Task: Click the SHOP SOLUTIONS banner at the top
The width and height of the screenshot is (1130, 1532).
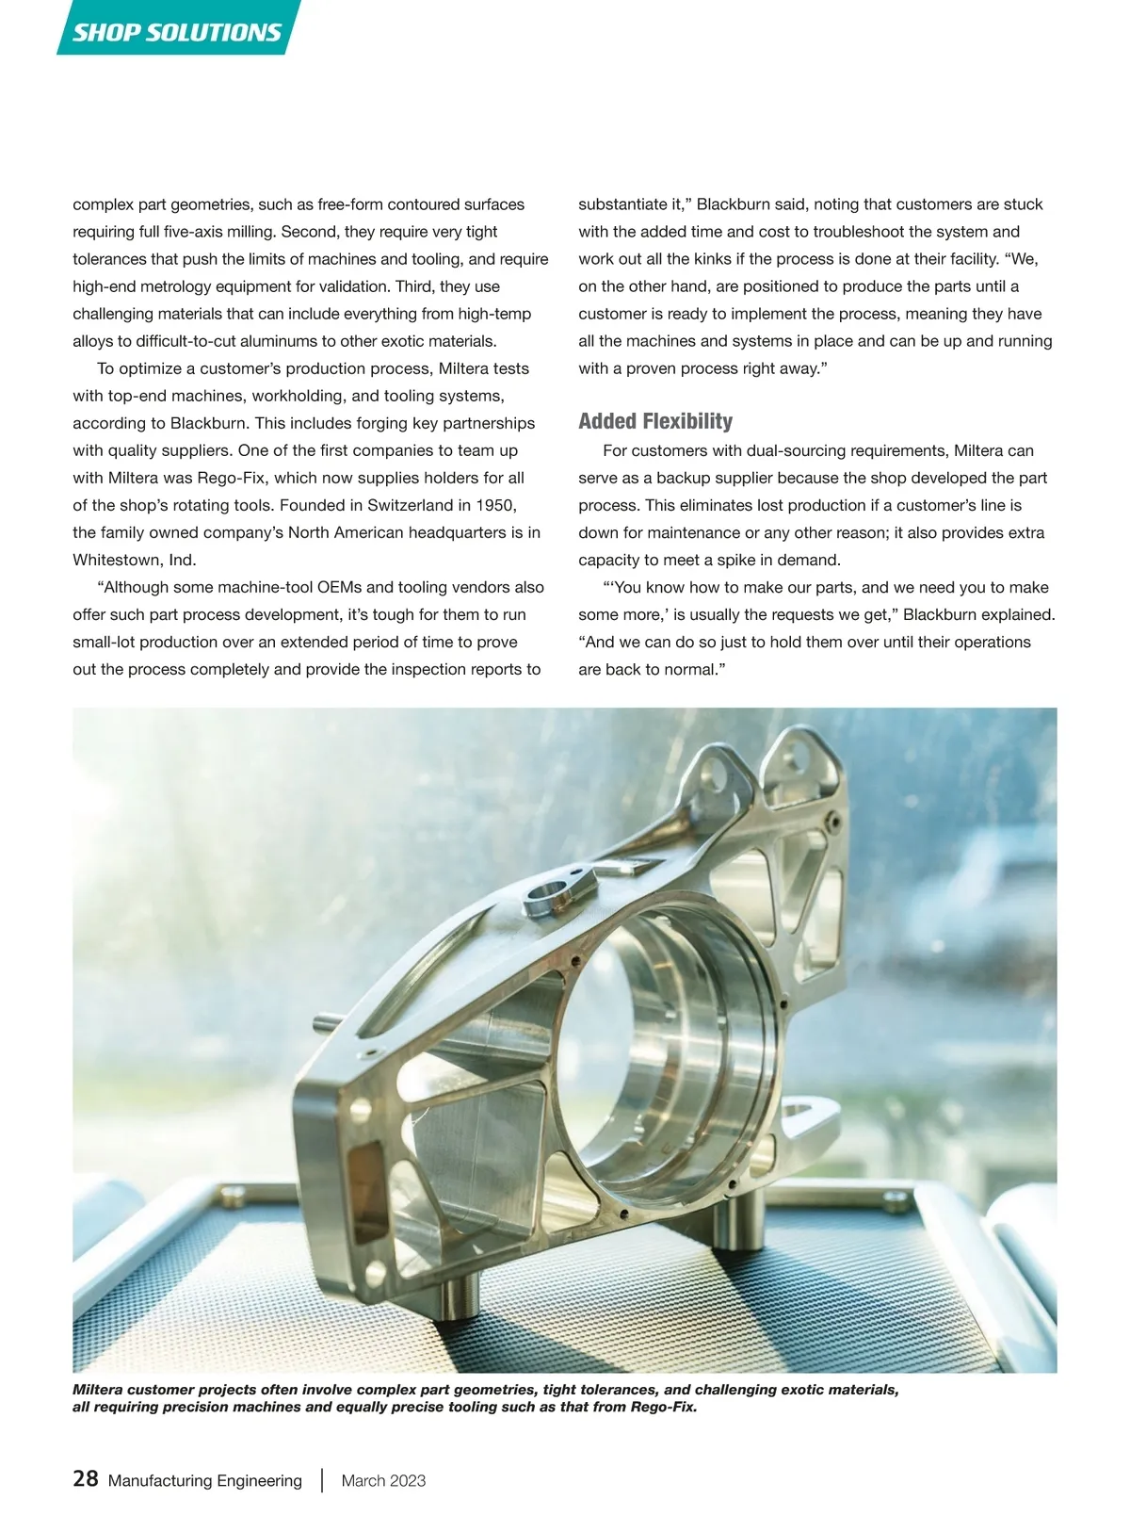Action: point(177,31)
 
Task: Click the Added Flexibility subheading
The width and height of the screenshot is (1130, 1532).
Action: point(655,421)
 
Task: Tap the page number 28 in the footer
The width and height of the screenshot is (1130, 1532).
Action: point(85,1478)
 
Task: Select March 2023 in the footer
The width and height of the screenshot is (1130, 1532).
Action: point(383,1480)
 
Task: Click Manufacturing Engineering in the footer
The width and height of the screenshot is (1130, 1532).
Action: point(205,1480)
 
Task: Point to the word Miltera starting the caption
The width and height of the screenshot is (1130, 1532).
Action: point(97,1390)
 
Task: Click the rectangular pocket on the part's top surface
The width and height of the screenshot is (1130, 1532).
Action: point(626,868)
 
